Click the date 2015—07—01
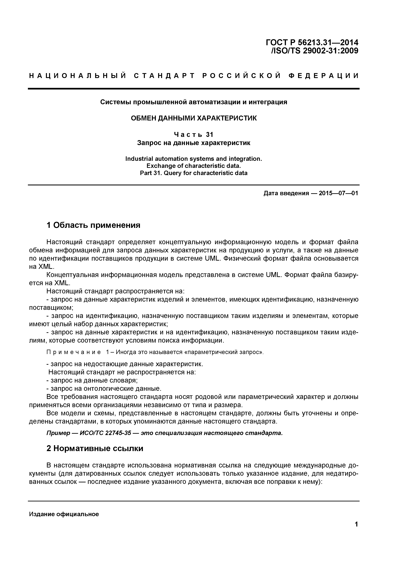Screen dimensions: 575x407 click(x=338, y=193)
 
